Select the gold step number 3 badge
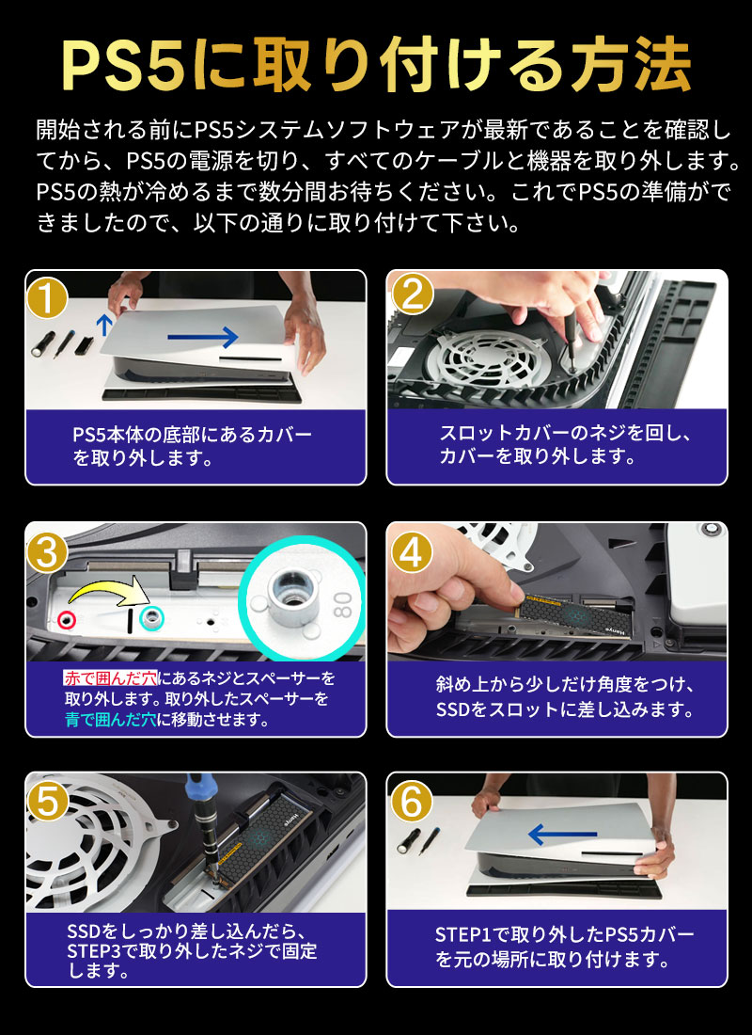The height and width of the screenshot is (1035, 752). pyautogui.click(x=47, y=552)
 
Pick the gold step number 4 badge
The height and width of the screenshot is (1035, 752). pyautogui.click(x=412, y=552)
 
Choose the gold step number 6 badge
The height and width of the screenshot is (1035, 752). pyautogui.click(x=412, y=802)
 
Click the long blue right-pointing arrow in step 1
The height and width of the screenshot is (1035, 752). pyautogui.click(x=202, y=337)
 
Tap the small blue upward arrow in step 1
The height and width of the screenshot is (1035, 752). pyautogui.click(x=102, y=325)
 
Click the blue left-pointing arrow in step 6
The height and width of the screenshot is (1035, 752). pyautogui.click(x=562, y=835)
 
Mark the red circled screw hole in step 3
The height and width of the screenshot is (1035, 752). pyautogui.click(x=67, y=620)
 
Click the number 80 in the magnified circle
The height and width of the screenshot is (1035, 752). pyautogui.click(x=343, y=604)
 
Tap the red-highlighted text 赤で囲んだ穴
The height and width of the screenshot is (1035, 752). pyautogui.click(x=110, y=677)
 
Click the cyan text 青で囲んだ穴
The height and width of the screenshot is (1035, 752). pyautogui.click(x=110, y=719)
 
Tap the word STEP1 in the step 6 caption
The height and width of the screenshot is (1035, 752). pyautogui.click(x=464, y=934)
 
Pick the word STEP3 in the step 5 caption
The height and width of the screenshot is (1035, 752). pyautogui.click(x=96, y=952)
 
